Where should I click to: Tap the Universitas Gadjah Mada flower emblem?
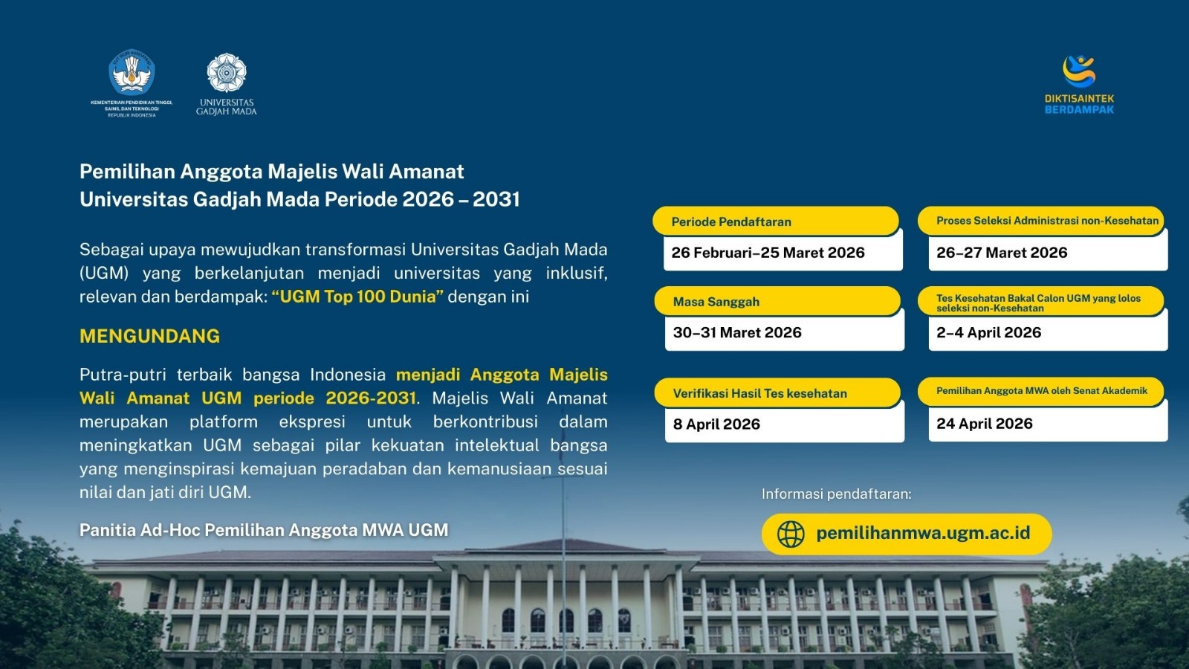coord(227,73)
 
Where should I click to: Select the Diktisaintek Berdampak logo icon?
coord(1079,71)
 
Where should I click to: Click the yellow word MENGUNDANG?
coord(149,336)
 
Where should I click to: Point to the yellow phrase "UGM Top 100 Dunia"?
coord(357,297)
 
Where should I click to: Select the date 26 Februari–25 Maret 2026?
coord(768,253)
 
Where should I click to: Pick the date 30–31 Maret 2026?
coord(737,333)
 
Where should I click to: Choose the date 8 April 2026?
coord(716,424)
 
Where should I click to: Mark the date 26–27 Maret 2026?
coord(1002,253)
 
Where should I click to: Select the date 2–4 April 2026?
coord(989,333)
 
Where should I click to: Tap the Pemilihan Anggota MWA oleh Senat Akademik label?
coord(1041,391)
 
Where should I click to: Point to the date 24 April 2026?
coord(985,424)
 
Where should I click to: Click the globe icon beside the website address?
coord(791,534)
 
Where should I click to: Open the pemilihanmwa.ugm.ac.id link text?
coord(923,532)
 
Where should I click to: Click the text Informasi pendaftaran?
coord(837,494)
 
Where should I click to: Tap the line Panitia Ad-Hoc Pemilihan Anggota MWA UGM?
coord(264,530)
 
